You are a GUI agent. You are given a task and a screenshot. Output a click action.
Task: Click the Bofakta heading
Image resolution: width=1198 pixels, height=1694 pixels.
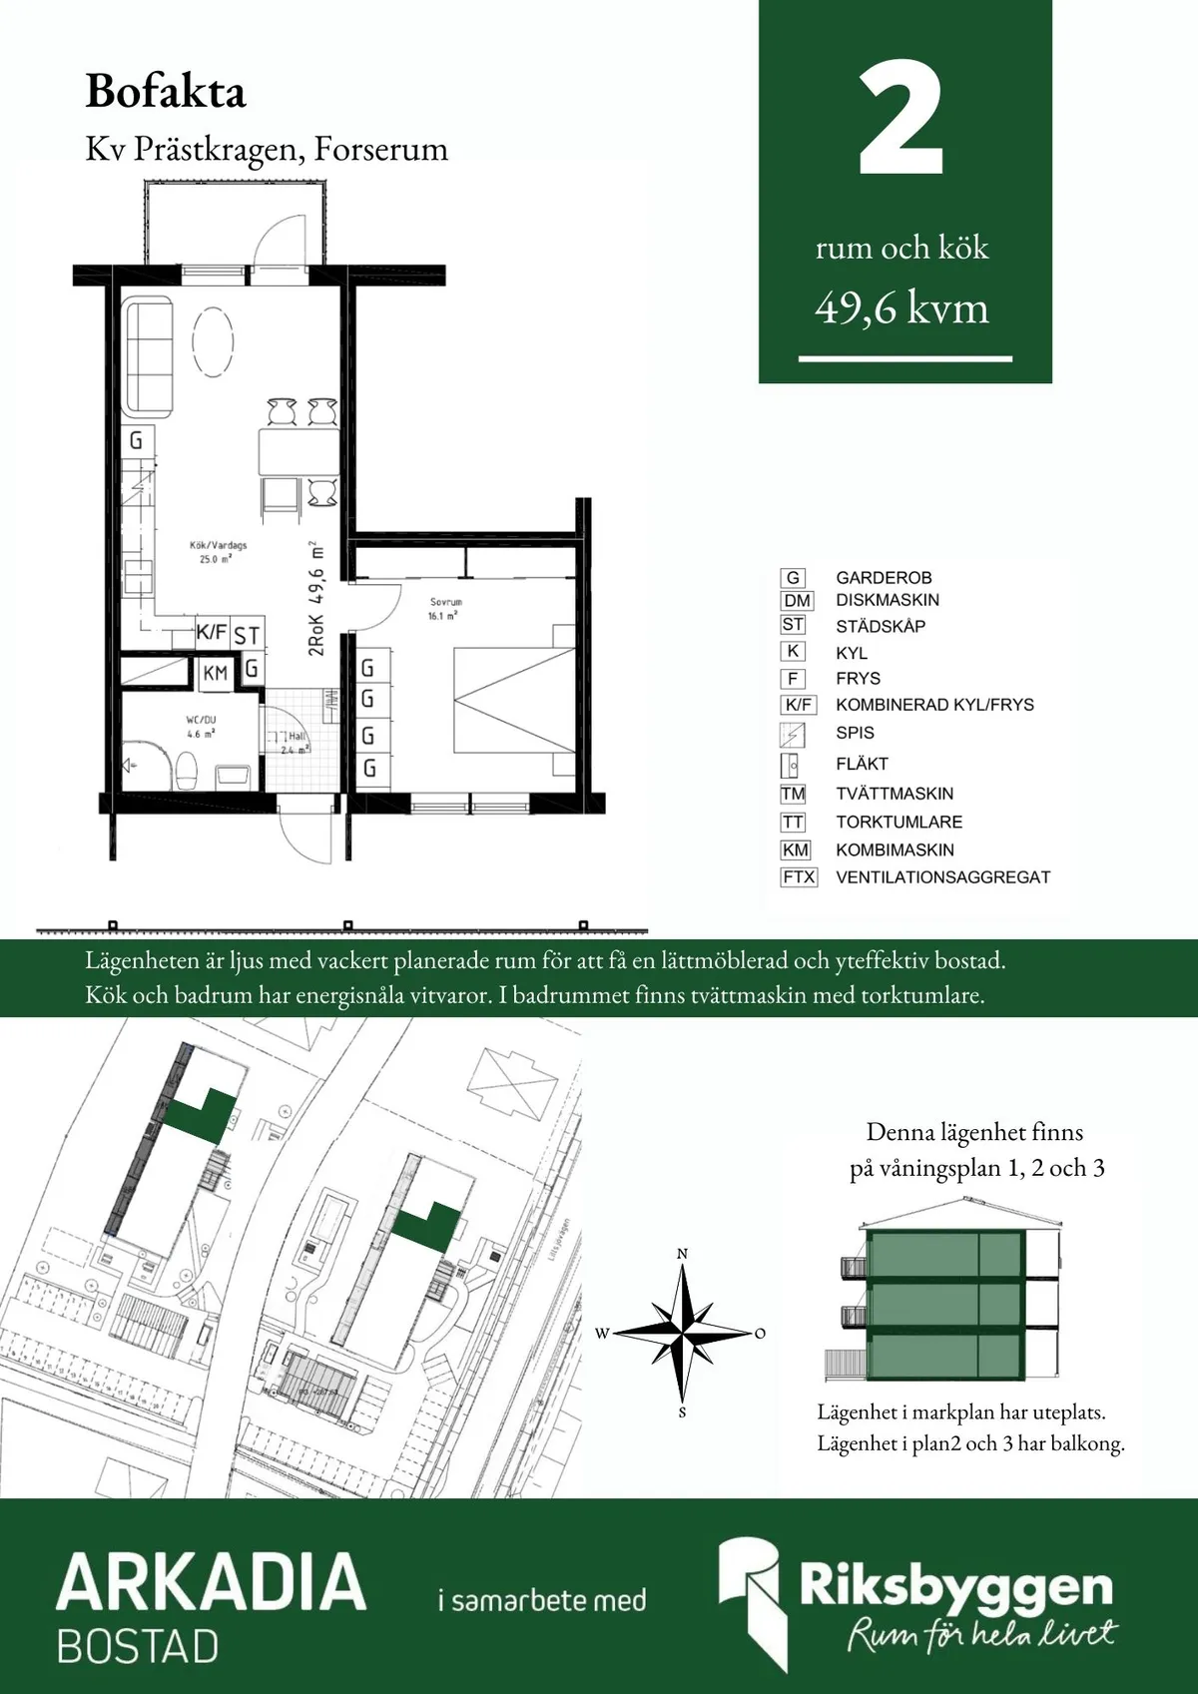[165, 92]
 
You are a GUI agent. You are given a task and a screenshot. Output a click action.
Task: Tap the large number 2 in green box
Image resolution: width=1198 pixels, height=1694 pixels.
[900, 121]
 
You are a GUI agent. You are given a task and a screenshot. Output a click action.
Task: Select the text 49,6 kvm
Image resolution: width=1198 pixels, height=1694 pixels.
[901, 308]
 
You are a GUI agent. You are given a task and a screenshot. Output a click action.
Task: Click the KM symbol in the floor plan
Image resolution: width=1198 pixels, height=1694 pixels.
[216, 674]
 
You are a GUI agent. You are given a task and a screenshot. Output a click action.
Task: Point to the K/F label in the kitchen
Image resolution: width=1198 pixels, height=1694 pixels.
[212, 633]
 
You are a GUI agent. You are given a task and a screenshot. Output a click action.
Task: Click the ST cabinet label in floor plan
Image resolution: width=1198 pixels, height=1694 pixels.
[247, 635]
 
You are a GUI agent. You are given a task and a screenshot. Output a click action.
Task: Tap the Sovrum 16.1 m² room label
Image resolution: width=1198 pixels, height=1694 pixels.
[445, 609]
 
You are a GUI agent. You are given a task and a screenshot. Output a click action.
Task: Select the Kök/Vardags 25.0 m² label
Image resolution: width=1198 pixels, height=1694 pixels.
[218, 552]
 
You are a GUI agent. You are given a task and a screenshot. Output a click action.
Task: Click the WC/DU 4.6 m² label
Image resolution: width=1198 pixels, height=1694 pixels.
[201, 726]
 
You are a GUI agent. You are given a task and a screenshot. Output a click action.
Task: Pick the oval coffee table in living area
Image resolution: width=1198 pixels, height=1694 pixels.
[213, 341]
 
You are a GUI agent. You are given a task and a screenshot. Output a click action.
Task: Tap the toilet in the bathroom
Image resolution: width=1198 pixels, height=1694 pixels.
[186, 770]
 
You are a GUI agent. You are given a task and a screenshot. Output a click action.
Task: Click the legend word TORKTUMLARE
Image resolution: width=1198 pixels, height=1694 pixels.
[898, 823]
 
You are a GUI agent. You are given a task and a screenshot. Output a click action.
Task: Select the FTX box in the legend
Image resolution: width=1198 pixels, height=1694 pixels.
[799, 877]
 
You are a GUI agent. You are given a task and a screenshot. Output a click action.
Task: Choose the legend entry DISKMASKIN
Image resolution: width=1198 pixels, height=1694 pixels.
[887, 600]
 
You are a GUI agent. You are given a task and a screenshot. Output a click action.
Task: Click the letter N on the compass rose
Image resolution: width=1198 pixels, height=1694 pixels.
[683, 1254]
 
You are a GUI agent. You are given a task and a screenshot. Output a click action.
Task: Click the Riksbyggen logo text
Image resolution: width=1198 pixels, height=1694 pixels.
[955, 1586]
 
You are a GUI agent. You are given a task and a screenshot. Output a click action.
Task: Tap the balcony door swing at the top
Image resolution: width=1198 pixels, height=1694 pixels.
[282, 242]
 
